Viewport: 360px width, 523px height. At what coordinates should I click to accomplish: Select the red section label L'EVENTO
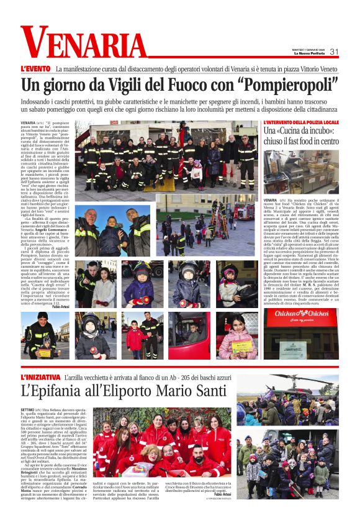pyautogui.click(x=35, y=68)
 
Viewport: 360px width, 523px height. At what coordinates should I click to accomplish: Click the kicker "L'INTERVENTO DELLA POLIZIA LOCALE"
pyautogui.click(x=300, y=122)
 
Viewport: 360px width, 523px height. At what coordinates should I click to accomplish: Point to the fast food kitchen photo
pyautogui.click(x=300, y=171)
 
